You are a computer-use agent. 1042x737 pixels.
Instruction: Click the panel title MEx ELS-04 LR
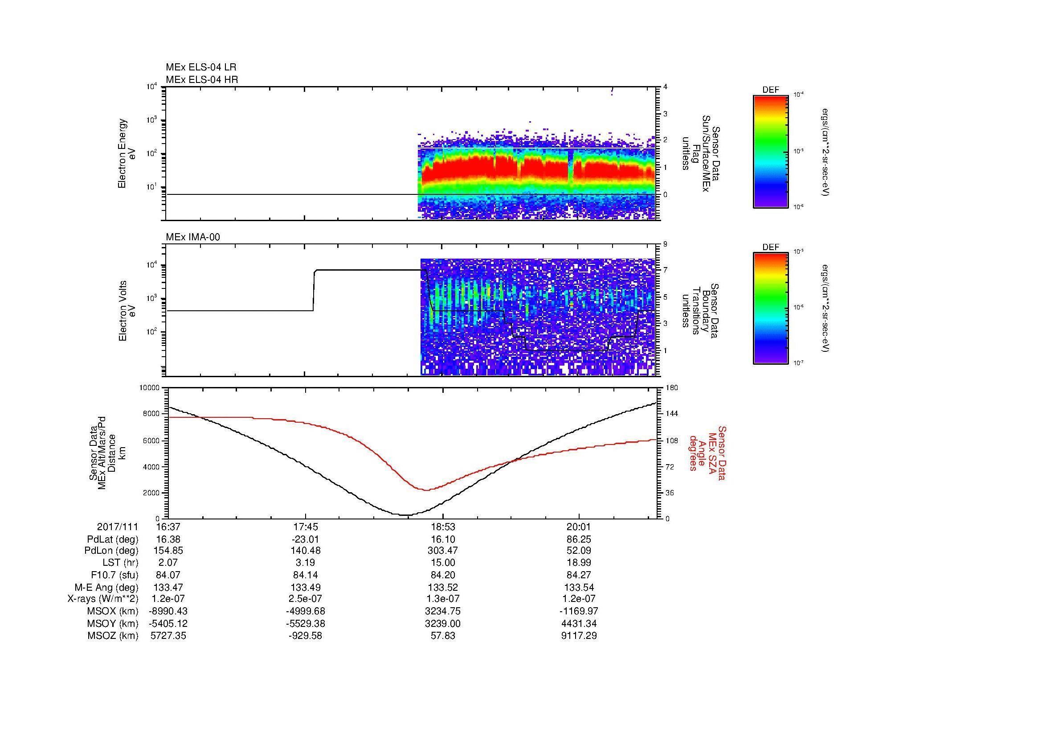(x=201, y=67)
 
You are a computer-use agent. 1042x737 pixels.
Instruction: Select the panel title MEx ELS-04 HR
(x=202, y=79)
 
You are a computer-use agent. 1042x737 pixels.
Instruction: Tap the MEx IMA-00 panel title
(x=193, y=237)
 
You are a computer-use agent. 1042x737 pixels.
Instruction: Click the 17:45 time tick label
(x=306, y=527)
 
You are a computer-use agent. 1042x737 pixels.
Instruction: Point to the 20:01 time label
(x=579, y=527)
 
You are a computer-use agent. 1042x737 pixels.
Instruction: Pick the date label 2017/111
(x=118, y=527)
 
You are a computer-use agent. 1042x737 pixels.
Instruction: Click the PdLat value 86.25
(x=579, y=539)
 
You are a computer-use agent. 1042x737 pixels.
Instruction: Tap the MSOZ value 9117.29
(x=579, y=636)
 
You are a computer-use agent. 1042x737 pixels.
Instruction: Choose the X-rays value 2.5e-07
(x=306, y=599)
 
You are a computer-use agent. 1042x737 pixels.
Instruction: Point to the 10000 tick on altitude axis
(x=150, y=388)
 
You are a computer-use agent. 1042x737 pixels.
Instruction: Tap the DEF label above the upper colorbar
(x=770, y=90)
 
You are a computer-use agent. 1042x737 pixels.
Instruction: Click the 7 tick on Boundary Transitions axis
(x=665, y=270)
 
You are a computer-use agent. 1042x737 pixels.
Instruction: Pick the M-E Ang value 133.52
(x=442, y=587)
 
